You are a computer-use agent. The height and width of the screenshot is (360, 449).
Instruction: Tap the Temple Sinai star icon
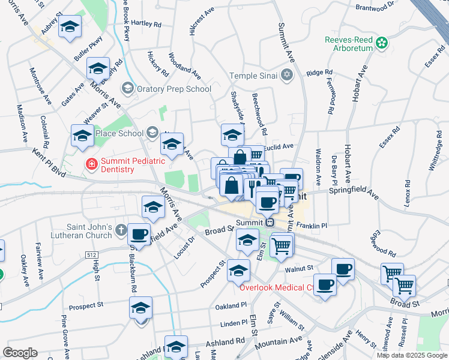coord(287,75)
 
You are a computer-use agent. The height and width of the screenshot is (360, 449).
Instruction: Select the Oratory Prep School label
coord(173,89)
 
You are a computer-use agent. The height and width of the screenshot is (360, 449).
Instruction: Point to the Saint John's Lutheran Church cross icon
coord(121,230)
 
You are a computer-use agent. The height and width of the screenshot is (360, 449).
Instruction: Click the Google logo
coord(20,353)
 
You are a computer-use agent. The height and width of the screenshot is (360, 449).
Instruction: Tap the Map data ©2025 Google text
coord(412,355)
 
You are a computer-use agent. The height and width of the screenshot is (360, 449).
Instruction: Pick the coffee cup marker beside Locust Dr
coord(139,235)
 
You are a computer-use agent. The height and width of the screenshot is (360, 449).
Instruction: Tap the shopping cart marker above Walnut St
coord(282,245)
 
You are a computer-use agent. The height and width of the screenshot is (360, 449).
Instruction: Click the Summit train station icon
coord(270,222)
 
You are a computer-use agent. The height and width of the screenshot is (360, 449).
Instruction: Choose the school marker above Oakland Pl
coord(238,271)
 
